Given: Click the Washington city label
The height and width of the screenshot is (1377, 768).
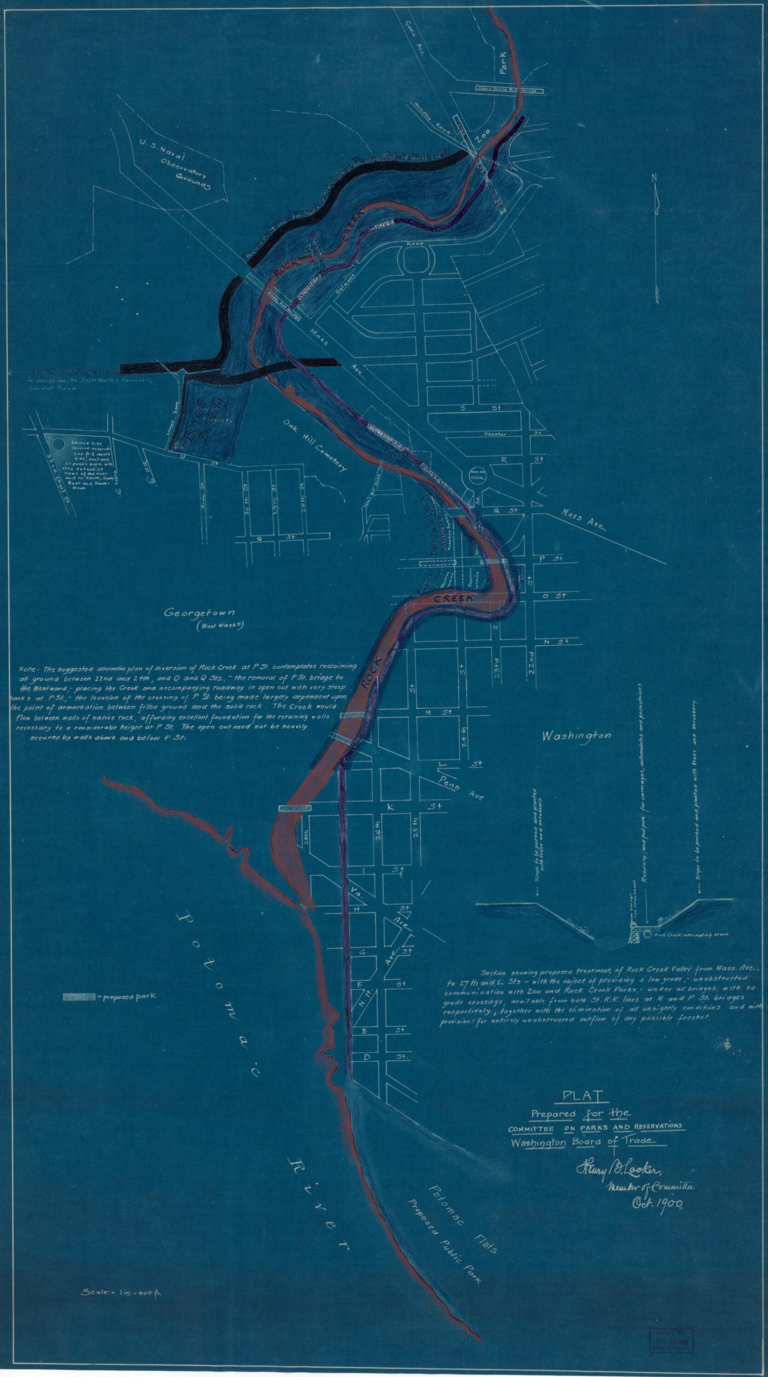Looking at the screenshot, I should click(x=576, y=736).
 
